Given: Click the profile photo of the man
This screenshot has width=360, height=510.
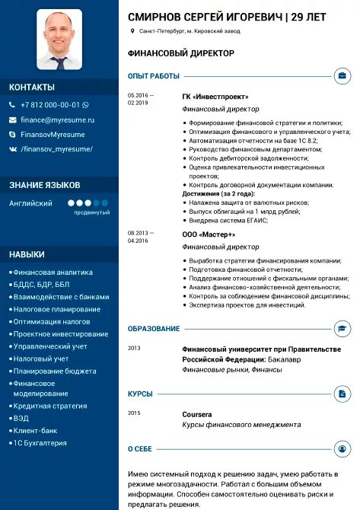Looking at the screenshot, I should (x=59, y=40).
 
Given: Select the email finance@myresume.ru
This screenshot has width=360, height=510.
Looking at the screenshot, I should (x=57, y=120).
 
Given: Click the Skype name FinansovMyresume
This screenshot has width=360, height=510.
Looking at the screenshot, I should (x=53, y=134).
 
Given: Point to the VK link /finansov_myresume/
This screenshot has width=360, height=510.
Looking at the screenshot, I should (x=56, y=149).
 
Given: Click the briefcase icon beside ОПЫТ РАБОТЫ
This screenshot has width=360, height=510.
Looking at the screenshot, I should (x=342, y=76).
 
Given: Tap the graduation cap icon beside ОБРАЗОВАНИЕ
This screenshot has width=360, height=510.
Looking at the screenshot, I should (x=342, y=329).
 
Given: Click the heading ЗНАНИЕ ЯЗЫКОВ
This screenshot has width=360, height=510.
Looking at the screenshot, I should (x=44, y=185).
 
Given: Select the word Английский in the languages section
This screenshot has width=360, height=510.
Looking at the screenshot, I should (x=30, y=203).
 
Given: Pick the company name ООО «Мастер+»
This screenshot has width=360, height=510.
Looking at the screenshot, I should (x=209, y=234).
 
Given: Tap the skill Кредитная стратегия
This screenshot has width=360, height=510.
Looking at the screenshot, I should (x=49, y=406).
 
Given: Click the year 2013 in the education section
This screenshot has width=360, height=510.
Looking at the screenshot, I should (x=134, y=348).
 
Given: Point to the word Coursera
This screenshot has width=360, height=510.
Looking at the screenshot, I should (x=196, y=413).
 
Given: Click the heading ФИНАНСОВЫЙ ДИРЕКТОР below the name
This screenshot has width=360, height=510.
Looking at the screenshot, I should (x=181, y=53).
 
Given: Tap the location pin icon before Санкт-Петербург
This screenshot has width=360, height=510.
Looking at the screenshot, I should (x=132, y=31).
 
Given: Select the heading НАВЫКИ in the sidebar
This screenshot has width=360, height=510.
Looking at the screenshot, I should (x=27, y=254).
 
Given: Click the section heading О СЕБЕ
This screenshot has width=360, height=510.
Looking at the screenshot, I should (x=139, y=449).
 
